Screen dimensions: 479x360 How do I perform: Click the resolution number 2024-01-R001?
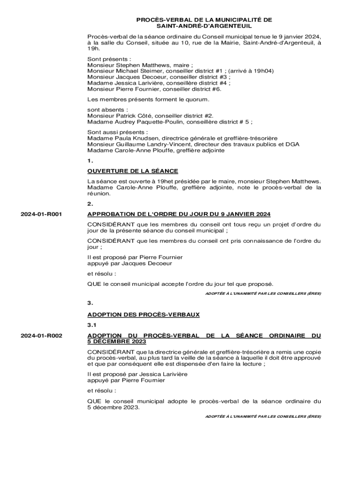coord(42,215)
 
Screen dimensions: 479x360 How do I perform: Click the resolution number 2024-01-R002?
coord(42,336)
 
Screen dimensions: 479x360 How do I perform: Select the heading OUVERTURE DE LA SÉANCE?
coord(133,171)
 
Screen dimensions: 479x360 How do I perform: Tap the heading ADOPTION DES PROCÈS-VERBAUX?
coord(144,315)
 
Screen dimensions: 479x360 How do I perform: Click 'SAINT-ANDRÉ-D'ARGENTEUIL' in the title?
coord(204,26)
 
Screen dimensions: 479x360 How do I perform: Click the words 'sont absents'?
coord(100,109)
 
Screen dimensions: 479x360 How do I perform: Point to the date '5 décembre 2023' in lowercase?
coord(113,407)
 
